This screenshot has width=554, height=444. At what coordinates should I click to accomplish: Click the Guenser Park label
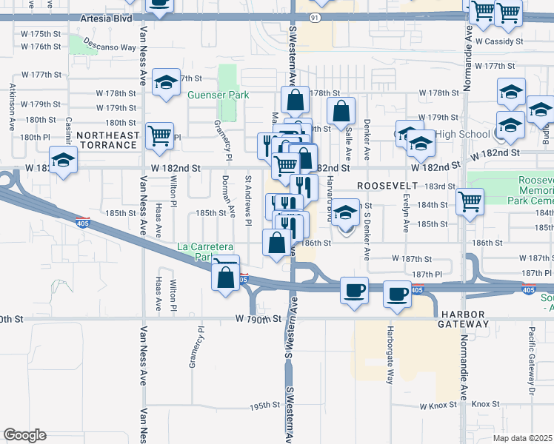coord(218,95)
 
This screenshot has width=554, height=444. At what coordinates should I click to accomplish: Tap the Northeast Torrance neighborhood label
coord(108,141)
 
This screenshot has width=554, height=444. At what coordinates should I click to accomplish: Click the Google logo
coord(24,435)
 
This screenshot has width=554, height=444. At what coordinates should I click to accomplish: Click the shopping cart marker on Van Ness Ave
coord(160,135)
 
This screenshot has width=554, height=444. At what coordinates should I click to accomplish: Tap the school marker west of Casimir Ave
coord(64,160)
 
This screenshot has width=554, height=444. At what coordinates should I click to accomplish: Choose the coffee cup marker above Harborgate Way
coord(397,295)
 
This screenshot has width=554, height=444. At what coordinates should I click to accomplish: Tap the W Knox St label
coord(434,406)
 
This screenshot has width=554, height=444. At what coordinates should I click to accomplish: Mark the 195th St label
coord(263,406)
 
